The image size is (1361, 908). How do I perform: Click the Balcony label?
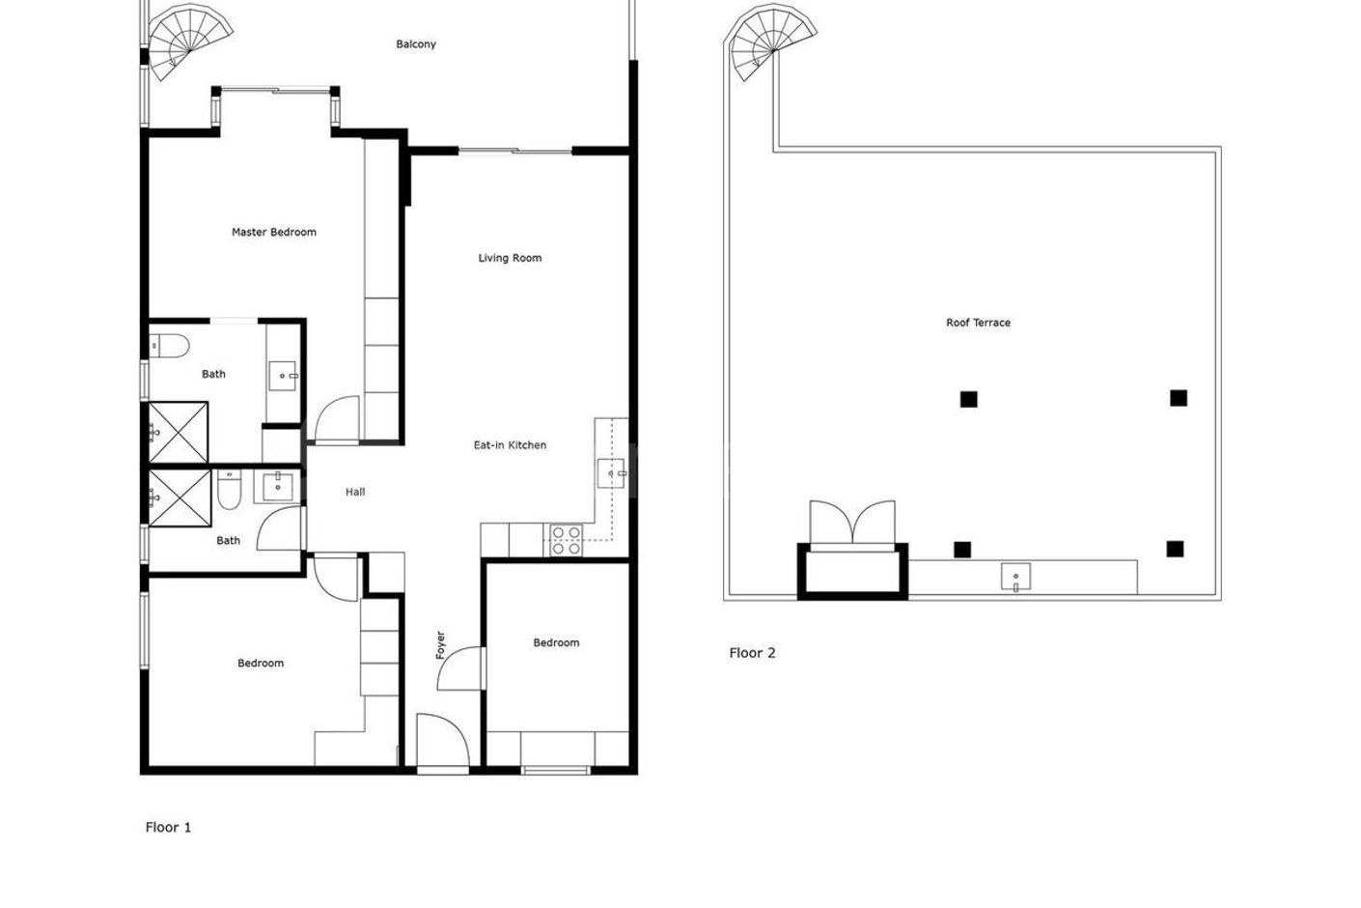click(x=416, y=44)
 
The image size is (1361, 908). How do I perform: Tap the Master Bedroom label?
click(x=273, y=232)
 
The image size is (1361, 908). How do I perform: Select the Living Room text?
click(x=510, y=258)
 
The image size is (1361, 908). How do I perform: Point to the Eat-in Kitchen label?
click(x=510, y=445)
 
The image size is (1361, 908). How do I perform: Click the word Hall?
click(x=355, y=492)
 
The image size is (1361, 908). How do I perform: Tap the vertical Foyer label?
click(x=441, y=644)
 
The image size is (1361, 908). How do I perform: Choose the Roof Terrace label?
click(x=978, y=323)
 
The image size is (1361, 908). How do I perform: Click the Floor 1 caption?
click(x=168, y=827)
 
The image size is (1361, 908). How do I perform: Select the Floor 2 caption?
click(x=752, y=653)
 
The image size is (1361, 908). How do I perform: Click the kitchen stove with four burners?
click(x=565, y=540)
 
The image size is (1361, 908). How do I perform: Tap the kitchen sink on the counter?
click(x=612, y=473)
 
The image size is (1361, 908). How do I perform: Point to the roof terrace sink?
click(x=1015, y=578)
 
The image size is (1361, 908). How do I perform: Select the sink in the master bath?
click(x=283, y=375)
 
